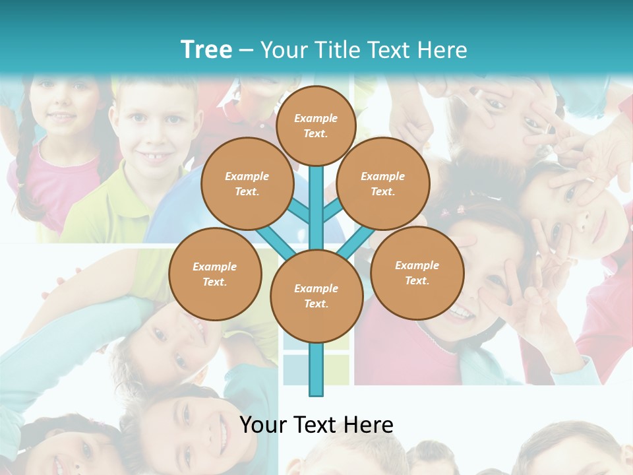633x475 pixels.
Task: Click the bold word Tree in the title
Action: pyautogui.click(x=206, y=50)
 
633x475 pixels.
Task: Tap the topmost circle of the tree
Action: pyautogui.click(x=316, y=125)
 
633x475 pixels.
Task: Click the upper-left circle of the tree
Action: pyautogui.click(x=247, y=183)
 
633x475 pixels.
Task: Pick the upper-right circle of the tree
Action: pyautogui.click(x=383, y=183)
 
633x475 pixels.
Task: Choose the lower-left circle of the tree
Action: pyautogui.click(x=215, y=274)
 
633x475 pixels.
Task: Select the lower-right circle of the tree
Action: pyautogui.click(x=417, y=272)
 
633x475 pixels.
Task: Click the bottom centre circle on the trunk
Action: pyautogui.click(x=316, y=296)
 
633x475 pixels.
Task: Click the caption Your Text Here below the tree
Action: pyautogui.click(x=316, y=425)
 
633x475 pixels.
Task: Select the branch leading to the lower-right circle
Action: pyautogui.click(x=356, y=243)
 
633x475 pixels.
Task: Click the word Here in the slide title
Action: pyautogui.click(x=443, y=50)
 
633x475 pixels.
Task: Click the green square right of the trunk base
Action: pyautogui.click(x=336, y=369)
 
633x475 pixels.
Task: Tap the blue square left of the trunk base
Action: pyautogui.click(x=296, y=369)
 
